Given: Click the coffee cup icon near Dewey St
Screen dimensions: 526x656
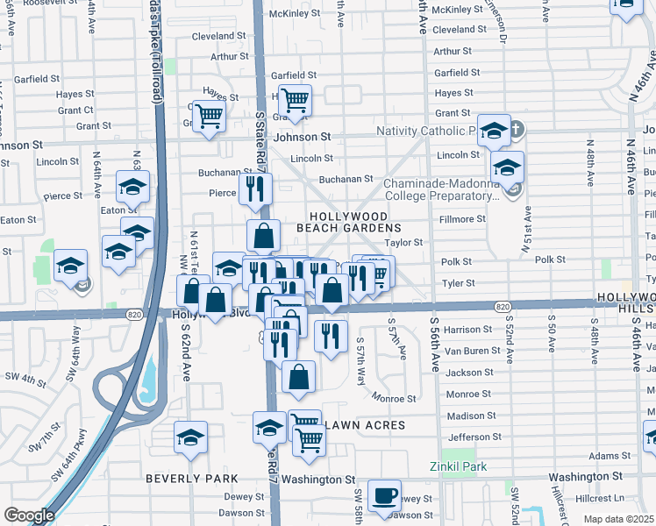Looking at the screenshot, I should pyautogui.click(x=384, y=495).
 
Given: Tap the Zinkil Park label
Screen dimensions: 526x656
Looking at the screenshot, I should pyautogui.click(x=457, y=466).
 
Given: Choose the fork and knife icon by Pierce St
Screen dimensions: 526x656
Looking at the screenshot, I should pyautogui.click(x=256, y=189).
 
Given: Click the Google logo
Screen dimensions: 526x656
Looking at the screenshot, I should pyautogui.click(x=29, y=515).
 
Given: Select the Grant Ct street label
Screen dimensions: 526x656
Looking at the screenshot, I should pyautogui.click(x=75, y=110).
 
